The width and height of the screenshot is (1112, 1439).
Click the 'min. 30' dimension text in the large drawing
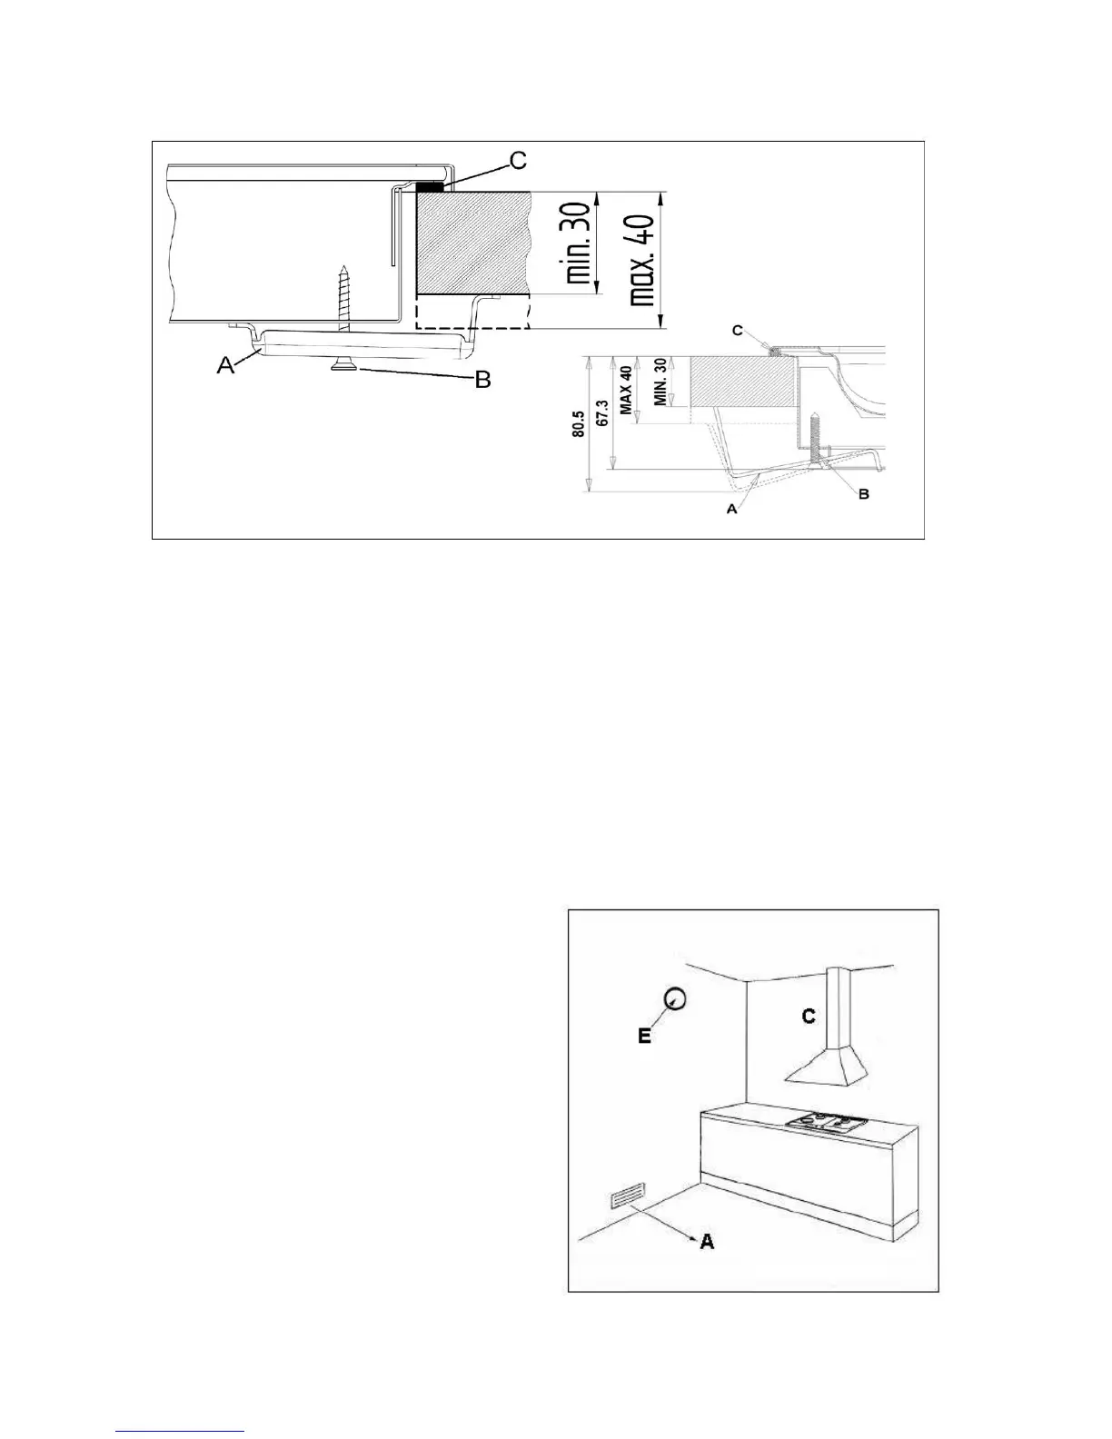coord(577,243)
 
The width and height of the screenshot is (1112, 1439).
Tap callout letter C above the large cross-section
coord(517,161)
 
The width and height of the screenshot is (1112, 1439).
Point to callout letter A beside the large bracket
coord(224,365)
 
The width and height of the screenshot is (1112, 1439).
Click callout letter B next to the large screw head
coord(483,379)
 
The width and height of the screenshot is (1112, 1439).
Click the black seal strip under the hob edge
coord(430,185)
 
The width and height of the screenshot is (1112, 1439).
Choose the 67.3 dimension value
coord(601,413)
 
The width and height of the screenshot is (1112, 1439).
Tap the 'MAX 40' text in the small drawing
coord(625,391)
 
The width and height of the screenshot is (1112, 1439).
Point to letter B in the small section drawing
coord(863,494)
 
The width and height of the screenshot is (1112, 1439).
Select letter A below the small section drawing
coord(731,510)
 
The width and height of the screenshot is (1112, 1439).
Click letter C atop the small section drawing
coord(738,331)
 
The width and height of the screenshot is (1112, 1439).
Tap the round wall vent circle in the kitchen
coord(675,998)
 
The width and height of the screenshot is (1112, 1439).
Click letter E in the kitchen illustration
coord(644,1036)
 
